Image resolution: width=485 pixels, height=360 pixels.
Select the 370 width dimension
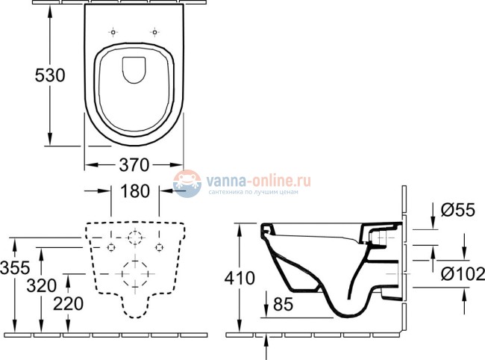pos(134,164)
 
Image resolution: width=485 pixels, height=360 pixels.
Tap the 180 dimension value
pos(134,192)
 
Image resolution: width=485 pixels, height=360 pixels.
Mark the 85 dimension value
pos(282,305)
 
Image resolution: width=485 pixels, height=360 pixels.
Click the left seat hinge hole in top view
pos(113,32)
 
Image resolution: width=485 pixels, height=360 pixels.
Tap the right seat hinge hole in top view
pos(155,32)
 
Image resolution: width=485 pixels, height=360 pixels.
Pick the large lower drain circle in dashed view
pos(134,273)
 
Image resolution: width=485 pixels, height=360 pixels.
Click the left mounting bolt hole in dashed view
pos(110,246)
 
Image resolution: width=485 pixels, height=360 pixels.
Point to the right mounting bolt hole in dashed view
pos(158,246)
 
